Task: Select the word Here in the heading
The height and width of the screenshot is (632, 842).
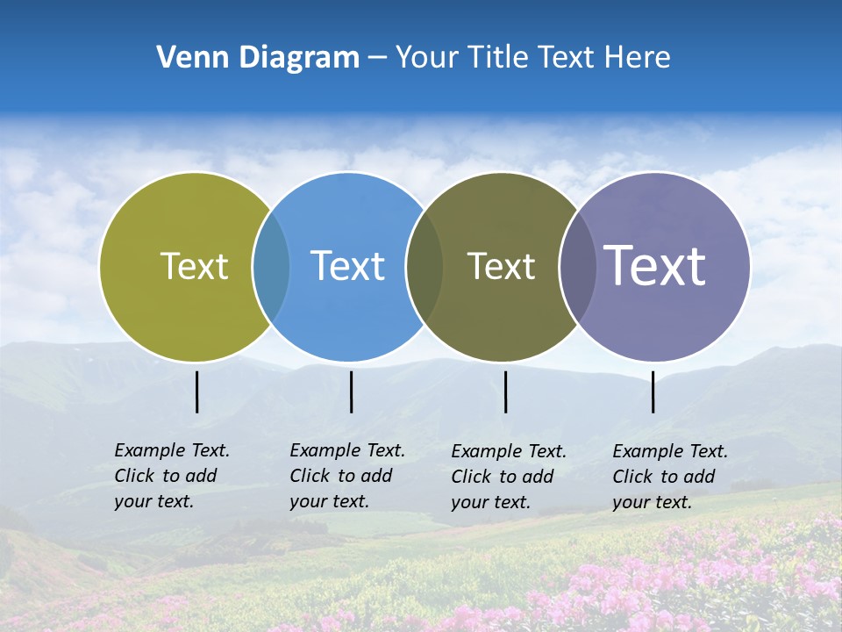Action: click(638, 58)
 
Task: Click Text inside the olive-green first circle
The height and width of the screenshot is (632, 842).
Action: click(194, 266)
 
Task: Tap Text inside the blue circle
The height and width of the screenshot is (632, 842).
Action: click(347, 266)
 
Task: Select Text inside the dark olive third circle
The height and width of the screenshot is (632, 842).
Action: click(501, 266)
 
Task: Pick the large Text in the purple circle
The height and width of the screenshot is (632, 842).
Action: click(655, 266)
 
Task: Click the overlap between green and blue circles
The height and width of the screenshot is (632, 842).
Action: click(271, 266)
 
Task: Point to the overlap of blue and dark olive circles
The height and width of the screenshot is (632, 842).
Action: click(425, 266)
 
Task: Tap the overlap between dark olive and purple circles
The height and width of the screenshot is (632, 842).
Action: click(577, 266)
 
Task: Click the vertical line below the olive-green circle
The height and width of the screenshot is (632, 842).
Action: click(197, 391)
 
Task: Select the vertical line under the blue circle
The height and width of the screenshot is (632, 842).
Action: click(351, 391)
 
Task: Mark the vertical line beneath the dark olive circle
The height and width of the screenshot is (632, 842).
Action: click(505, 391)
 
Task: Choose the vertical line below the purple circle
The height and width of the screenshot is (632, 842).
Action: click(653, 391)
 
